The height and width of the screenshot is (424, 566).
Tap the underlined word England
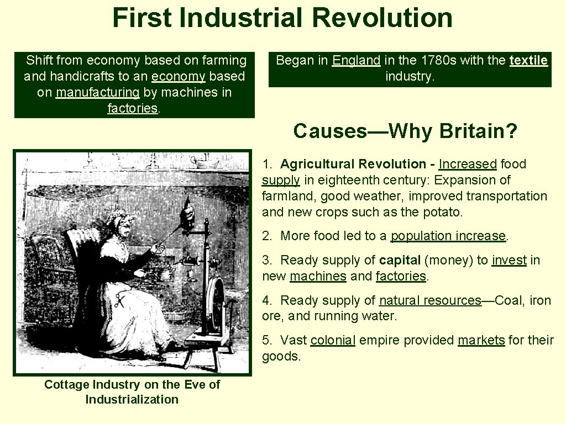356,60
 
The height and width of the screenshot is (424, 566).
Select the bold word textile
528,60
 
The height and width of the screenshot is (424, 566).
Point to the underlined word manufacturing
97,92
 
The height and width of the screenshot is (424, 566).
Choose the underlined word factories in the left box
133,108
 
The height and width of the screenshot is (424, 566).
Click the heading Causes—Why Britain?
405,131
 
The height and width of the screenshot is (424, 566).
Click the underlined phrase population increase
448,236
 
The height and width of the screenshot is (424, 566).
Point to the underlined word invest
509,260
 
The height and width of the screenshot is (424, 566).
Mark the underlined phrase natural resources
430,300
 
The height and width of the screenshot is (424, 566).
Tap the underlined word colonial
333,340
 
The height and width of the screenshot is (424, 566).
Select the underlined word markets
481,340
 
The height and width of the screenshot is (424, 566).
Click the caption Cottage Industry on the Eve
132,384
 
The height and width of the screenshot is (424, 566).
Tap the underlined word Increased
468,164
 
